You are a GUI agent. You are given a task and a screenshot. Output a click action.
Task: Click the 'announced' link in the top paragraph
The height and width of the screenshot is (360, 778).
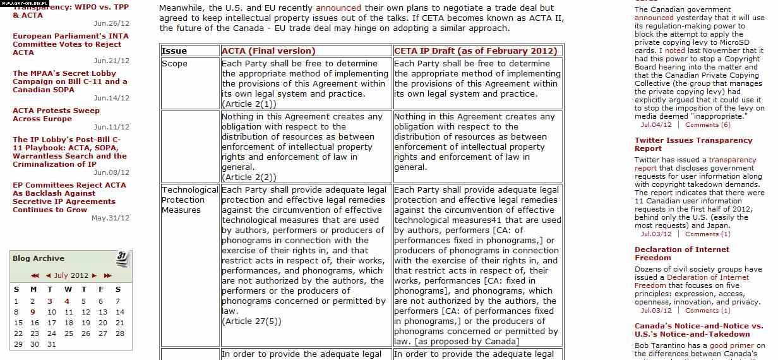click(x=338, y=8)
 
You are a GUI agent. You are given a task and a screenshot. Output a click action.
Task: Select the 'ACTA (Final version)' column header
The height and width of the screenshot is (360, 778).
click(x=268, y=51)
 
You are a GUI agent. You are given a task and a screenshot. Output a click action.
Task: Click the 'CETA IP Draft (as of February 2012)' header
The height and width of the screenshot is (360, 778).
click(x=476, y=51)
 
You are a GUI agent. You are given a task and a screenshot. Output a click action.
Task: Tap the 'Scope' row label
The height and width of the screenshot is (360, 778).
click(x=174, y=64)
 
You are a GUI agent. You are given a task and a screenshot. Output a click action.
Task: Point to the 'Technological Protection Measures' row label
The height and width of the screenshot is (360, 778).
click(x=189, y=200)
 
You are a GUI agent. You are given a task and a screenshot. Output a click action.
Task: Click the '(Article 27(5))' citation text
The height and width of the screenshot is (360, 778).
click(x=251, y=321)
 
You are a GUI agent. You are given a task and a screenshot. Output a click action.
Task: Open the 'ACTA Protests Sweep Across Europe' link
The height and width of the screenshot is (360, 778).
click(x=56, y=114)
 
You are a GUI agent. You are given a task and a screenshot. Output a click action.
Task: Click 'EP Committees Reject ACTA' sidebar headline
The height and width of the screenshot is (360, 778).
click(x=69, y=185)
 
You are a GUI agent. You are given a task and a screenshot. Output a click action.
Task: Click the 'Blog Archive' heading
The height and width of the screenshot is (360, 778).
click(x=39, y=258)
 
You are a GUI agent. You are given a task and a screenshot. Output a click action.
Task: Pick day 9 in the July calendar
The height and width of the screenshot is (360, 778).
click(x=33, y=311)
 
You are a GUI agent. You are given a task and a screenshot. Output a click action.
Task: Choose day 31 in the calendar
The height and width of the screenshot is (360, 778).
click(x=52, y=344)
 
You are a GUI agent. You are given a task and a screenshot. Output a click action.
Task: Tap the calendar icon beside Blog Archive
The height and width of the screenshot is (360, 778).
click(x=123, y=258)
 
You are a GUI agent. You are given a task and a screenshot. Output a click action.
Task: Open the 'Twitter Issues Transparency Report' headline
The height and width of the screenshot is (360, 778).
click(x=693, y=144)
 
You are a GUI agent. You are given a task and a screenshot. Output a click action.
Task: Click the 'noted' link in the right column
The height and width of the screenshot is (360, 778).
click(x=674, y=51)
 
